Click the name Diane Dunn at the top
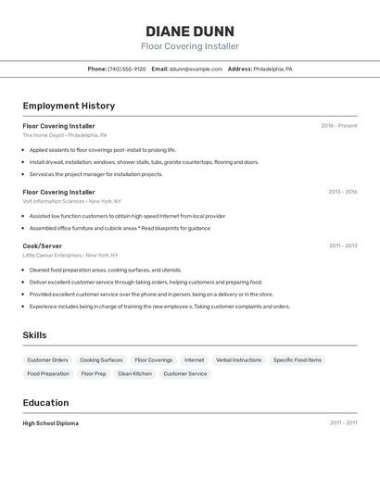click(190, 31)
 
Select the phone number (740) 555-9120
click(127, 69)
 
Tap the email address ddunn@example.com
click(196, 69)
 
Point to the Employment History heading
click(69, 106)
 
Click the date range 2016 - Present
click(338, 126)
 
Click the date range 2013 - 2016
click(342, 192)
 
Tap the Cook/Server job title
click(43, 245)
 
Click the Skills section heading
click(34, 335)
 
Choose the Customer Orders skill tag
click(47, 359)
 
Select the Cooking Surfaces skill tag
click(101, 359)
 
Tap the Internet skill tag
click(195, 359)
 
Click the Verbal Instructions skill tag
click(238, 359)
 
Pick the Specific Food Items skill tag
click(298, 359)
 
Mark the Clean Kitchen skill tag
click(134, 373)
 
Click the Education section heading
click(45, 403)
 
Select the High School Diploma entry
click(51, 423)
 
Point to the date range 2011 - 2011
click(343, 423)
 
